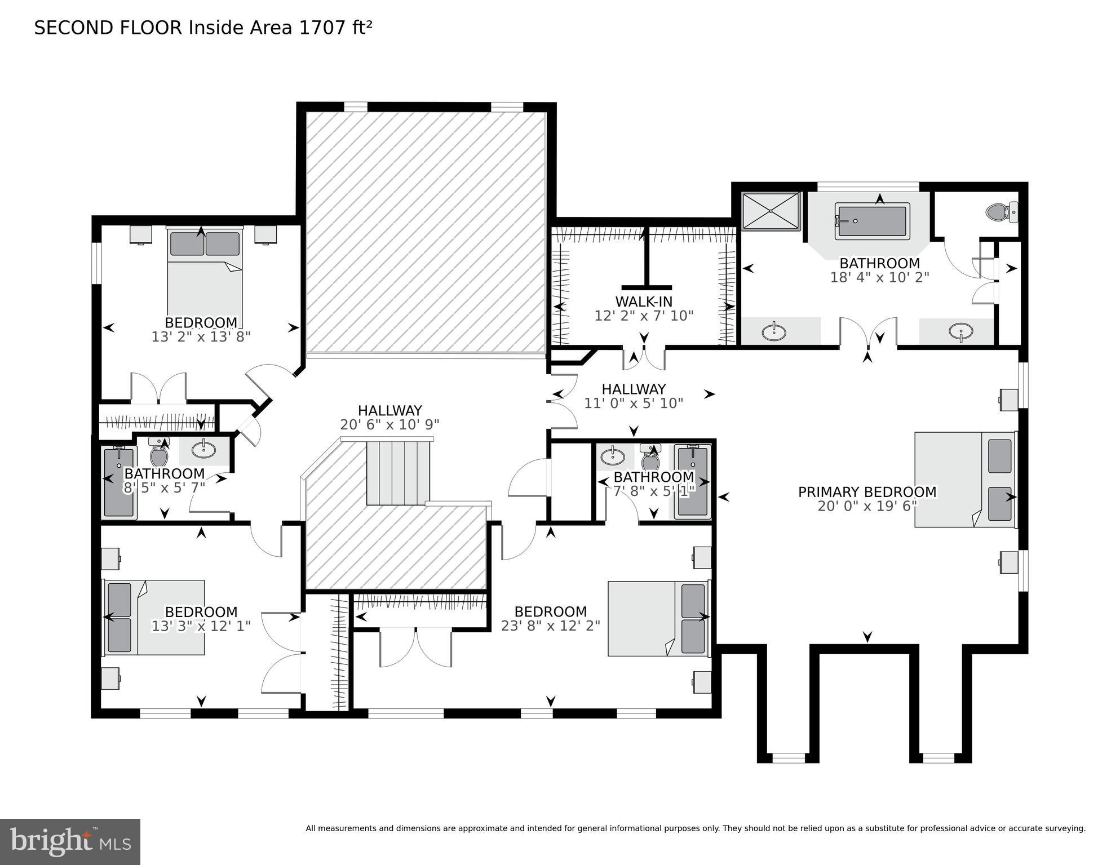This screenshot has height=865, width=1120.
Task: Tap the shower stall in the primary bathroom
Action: pyautogui.click(x=771, y=211)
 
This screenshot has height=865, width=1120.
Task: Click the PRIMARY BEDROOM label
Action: pyautogui.click(x=867, y=492)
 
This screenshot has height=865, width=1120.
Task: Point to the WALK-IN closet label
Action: pyautogui.click(x=644, y=301)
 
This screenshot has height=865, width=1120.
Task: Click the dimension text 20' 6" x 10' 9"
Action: pyautogui.click(x=389, y=424)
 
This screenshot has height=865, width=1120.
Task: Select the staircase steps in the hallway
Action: pyautogui.click(x=397, y=472)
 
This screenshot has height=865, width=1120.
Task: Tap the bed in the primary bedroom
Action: pyautogui.click(x=964, y=480)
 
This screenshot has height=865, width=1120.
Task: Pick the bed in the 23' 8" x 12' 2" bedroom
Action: pyautogui.click(x=657, y=619)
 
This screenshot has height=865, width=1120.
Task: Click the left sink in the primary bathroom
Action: pyautogui.click(x=774, y=332)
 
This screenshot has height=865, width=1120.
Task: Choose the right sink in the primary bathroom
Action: pyautogui.click(x=960, y=331)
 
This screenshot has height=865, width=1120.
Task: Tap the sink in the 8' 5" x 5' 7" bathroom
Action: pyautogui.click(x=203, y=449)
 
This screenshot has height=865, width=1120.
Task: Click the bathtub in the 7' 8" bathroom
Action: pyautogui.click(x=692, y=481)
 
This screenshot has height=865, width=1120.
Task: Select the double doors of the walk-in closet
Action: pyautogui.click(x=644, y=359)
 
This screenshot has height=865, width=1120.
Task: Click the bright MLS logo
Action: pyautogui.click(x=70, y=842)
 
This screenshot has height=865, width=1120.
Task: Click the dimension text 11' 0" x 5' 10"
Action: pyautogui.click(x=634, y=403)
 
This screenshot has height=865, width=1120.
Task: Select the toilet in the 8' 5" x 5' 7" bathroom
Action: pyautogui.click(x=159, y=452)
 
